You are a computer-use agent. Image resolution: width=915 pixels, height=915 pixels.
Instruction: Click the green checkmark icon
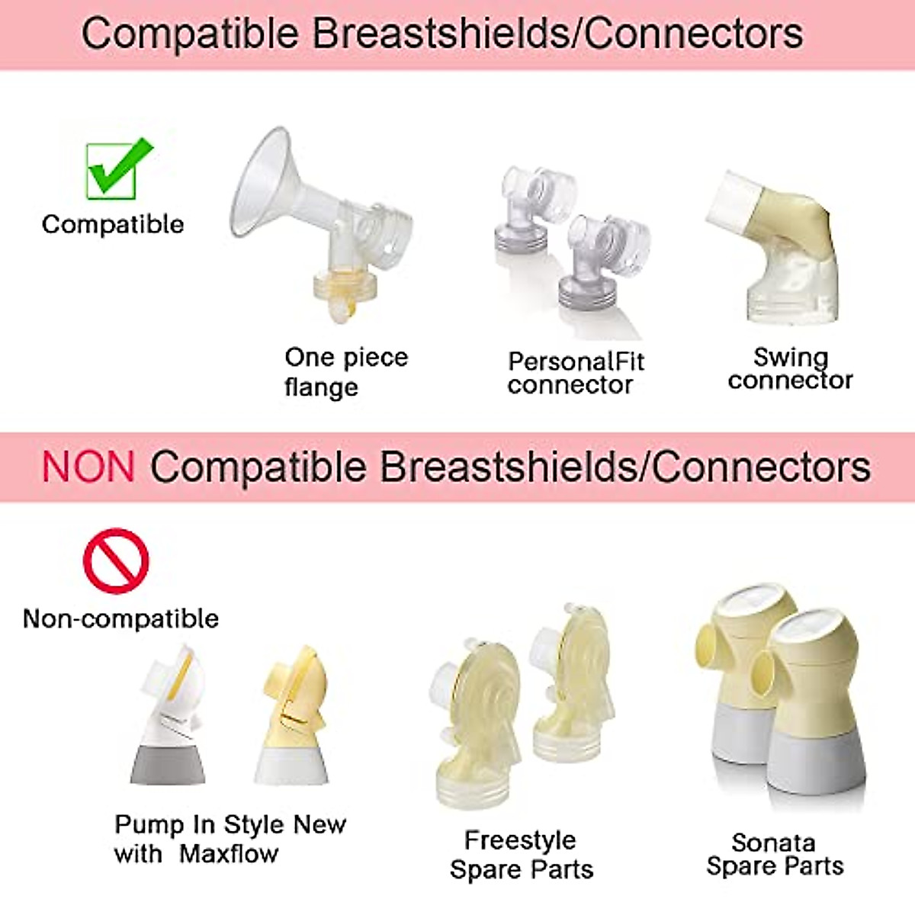(116, 169)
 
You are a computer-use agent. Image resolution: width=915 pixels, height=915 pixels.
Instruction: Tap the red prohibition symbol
(116, 561)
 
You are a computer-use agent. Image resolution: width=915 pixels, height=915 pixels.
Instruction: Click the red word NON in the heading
(88, 467)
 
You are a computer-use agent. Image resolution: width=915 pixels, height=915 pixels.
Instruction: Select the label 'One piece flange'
(345, 371)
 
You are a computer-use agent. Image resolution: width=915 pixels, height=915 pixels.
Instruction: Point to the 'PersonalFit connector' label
(576, 372)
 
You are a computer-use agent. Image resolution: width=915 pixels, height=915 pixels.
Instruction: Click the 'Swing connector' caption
(790, 368)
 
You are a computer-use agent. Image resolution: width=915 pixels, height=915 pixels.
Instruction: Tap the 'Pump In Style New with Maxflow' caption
(230, 839)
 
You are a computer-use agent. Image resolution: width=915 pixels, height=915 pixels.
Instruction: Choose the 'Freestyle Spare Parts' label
(521, 854)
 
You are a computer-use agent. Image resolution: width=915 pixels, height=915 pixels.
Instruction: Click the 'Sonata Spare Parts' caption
(775, 854)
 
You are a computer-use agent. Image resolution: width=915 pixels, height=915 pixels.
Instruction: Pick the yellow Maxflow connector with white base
(294, 717)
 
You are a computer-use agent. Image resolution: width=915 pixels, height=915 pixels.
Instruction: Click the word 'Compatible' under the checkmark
(113, 224)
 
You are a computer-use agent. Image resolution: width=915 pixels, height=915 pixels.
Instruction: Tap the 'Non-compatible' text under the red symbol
(120, 618)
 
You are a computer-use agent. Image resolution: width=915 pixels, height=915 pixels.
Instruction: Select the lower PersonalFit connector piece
(602, 259)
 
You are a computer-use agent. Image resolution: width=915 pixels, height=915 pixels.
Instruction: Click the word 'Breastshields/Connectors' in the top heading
(557, 34)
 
